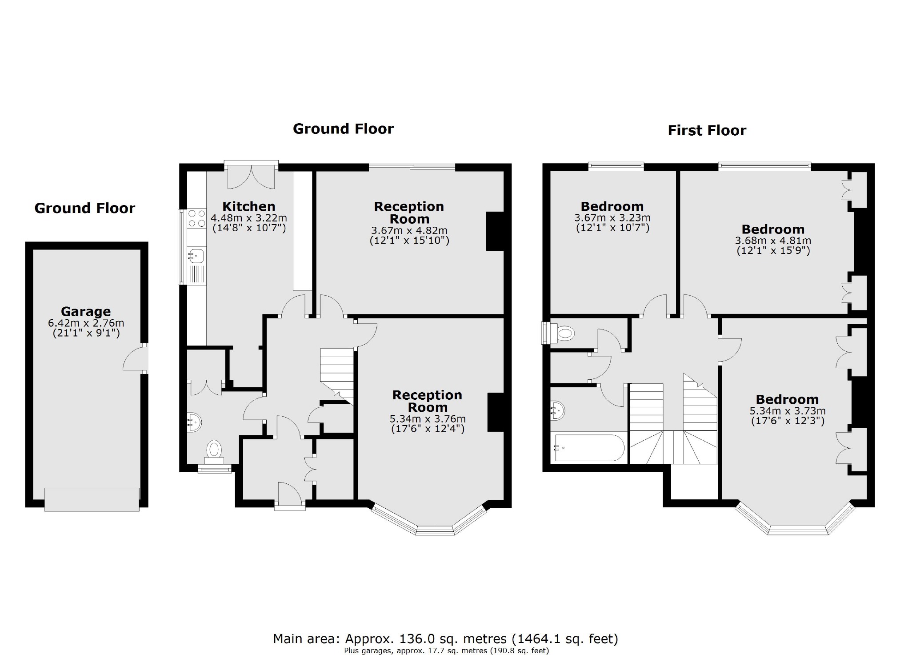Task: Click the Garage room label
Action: pyautogui.click(x=86, y=311)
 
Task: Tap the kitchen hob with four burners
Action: pyautogui.click(x=197, y=218)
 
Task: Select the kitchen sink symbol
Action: pyautogui.click(x=196, y=256)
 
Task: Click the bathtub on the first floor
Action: pyautogui.click(x=588, y=448)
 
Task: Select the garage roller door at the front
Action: pyautogui.click(x=92, y=499)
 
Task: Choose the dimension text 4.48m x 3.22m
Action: pyautogui.click(x=249, y=218)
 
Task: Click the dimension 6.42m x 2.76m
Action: pyautogui.click(x=86, y=323)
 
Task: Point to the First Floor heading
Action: pyautogui.click(x=707, y=130)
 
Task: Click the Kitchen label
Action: pyautogui.click(x=249, y=206)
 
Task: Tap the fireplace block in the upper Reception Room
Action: pyautogui.click(x=495, y=231)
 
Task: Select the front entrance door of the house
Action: pyautogui.click(x=289, y=494)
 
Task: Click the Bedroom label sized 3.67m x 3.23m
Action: pyautogui.click(x=612, y=206)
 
